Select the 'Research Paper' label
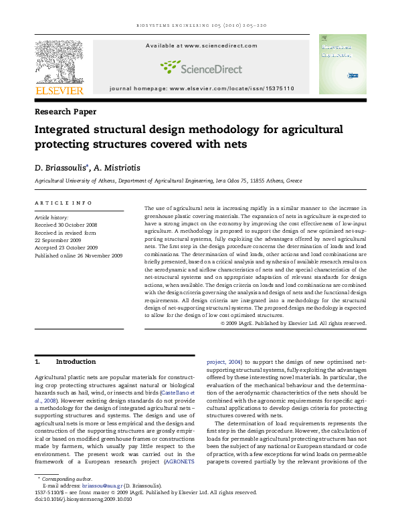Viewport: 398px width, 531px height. pyautogui.click(x=65, y=112)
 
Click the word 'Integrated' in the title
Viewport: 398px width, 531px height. pyautogui.click(x=70, y=130)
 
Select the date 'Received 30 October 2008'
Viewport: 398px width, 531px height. pyautogui.click(x=66, y=225)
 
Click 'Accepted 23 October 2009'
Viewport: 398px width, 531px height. pyautogui.click(x=65, y=247)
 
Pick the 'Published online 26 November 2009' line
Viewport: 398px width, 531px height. pyautogui.click(x=78, y=255)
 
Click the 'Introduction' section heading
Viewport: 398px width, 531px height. pyautogui.click(x=76, y=362)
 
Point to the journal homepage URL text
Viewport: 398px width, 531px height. pyautogui.click(x=201, y=89)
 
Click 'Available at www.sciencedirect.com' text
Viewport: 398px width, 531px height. pyautogui.click(x=201, y=45)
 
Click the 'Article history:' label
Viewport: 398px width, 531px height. pyautogui.click(x=51, y=218)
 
